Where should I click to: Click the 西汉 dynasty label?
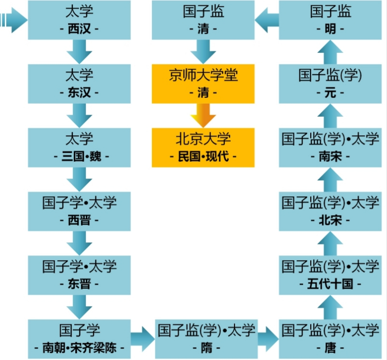click(x=79, y=29)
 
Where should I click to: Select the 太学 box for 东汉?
click(x=79, y=83)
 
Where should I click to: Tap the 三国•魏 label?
click(x=79, y=156)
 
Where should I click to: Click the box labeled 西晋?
click(x=79, y=211)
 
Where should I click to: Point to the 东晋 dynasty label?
click(x=79, y=284)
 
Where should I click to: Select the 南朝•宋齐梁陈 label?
click(x=79, y=348)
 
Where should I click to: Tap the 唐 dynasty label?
click(x=330, y=348)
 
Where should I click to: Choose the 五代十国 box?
click(x=330, y=275)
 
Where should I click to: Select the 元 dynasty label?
click(x=330, y=93)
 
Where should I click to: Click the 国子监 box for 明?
click(x=330, y=20)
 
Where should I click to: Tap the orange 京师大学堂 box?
click(x=203, y=83)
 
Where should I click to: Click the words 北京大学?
click(x=203, y=139)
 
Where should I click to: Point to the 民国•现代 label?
click(x=203, y=156)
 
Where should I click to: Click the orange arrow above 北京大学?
click(x=203, y=115)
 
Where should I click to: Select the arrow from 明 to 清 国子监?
click(x=267, y=20)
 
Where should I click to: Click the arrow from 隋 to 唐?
click(x=267, y=339)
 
